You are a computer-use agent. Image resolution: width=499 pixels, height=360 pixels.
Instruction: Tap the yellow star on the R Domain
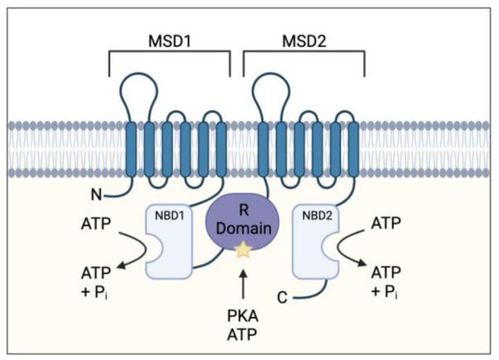[243, 250]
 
